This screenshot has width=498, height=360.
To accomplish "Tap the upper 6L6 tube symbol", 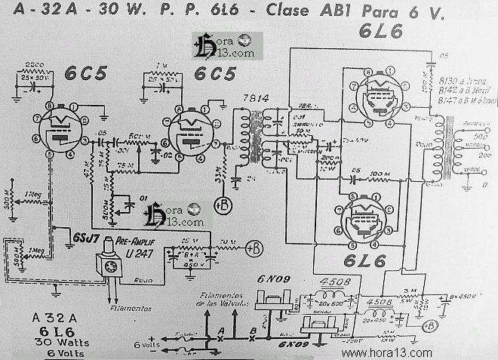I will click(x=377, y=97).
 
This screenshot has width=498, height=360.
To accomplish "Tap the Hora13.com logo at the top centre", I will click(x=223, y=47).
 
